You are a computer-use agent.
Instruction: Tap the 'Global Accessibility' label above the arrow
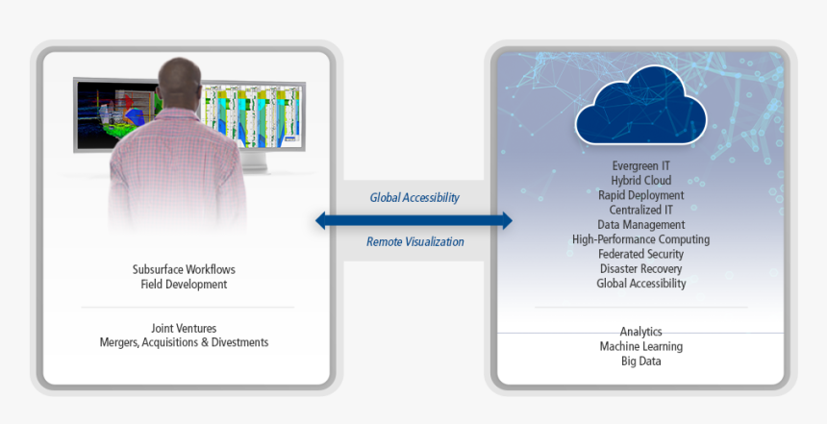click(x=414, y=198)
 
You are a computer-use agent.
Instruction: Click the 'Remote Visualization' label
click(x=414, y=242)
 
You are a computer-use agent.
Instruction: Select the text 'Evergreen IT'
click(x=640, y=165)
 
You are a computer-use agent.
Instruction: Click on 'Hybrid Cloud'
click(x=640, y=180)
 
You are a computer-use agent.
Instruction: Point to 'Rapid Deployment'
click(x=640, y=194)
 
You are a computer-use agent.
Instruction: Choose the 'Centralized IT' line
click(x=640, y=210)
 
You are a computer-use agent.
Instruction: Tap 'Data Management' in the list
click(x=640, y=224)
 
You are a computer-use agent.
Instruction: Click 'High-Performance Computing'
click(x=640, y=239)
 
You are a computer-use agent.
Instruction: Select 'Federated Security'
click(x=640, y=254)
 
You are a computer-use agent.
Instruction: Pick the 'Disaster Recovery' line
click(x=640, y=269)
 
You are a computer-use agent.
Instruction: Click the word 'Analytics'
click(x=640, y=332)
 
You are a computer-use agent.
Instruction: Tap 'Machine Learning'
click(x=640, y=346)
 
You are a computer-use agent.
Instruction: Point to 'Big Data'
click(x=640, y=362)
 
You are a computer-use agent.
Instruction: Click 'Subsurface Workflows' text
click(x=184, y=269)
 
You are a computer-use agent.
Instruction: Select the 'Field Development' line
click(x=184, y=285)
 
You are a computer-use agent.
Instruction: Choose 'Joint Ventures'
click(x=184, y=327)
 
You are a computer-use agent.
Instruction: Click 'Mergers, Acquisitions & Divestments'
click(x=184, y=342)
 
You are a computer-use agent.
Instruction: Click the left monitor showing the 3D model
click(x=106, y=113)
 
